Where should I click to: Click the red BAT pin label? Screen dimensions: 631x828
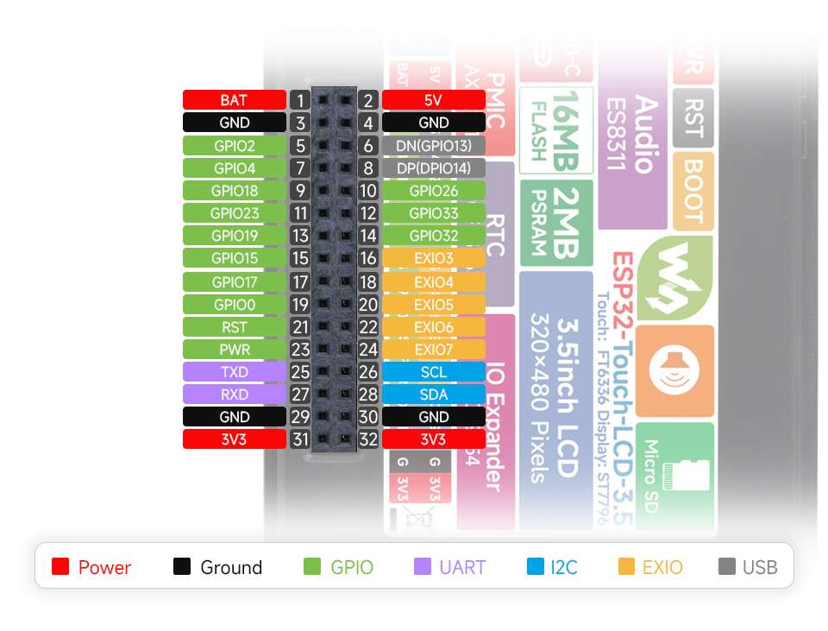point(234,100)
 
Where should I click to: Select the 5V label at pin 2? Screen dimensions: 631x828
point(433,100)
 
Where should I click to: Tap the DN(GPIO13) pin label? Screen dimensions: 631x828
point(433,145)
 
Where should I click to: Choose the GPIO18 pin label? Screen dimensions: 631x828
point(234,190)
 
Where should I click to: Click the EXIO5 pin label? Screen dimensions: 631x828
point(433,304)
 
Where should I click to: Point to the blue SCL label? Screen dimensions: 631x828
point(433,372)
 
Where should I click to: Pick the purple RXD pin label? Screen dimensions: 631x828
point(234,394)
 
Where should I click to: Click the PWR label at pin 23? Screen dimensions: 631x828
point(234,350)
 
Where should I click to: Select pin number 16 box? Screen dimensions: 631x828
point(368,258)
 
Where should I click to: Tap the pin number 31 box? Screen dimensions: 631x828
point(300,439)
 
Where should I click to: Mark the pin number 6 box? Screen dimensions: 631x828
point(368,145)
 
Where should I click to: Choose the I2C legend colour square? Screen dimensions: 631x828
point(535,567)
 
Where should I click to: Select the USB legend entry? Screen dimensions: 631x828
point(748,567)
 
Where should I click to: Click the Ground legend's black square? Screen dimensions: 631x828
point(182,567)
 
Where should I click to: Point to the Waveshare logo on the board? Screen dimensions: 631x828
point(675,267)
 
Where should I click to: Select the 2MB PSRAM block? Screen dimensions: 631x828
point(556,223)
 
